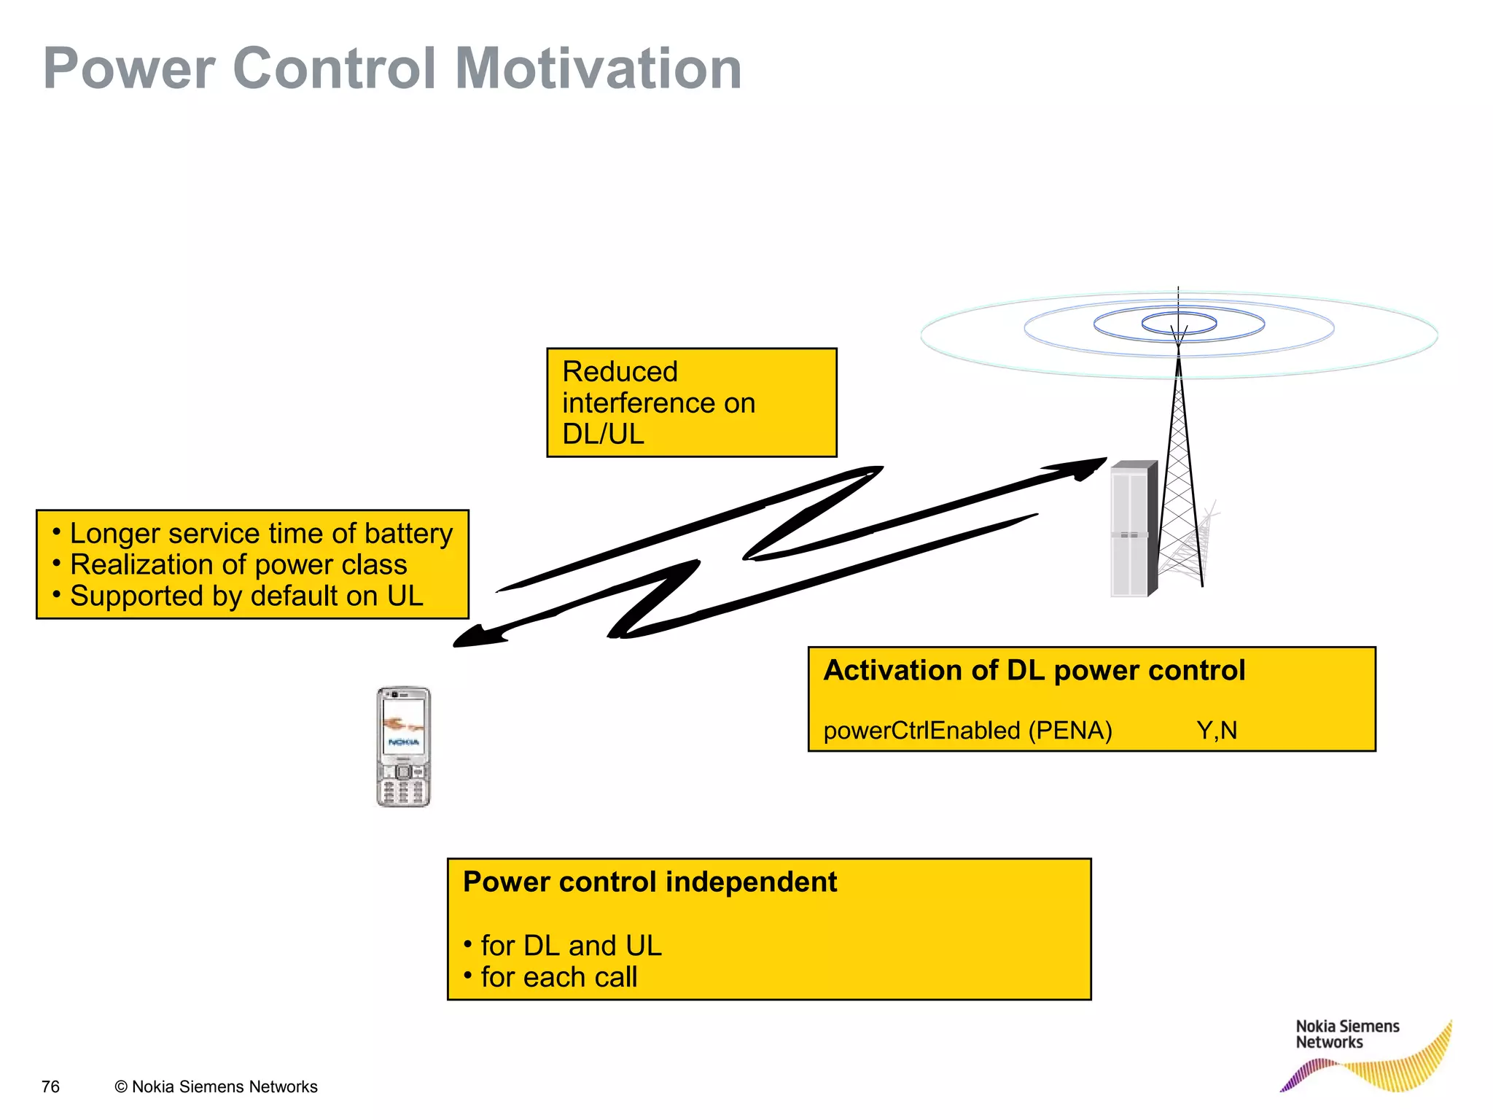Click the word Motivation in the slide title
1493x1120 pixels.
598,69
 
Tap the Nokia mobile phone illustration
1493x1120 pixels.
403,747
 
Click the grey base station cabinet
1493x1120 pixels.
1132,529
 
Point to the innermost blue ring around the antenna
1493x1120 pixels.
1178,323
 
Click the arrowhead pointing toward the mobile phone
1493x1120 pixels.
477,637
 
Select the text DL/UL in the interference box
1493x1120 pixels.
603,434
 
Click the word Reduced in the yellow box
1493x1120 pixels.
620,372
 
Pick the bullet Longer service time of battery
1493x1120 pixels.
260,533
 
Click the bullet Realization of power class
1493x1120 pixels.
238,564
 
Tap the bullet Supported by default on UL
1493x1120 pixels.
246,596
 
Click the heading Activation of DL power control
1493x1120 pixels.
1034,670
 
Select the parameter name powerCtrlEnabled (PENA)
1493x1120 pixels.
967,730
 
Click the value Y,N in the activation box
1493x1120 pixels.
1217,730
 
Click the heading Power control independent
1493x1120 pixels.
650,882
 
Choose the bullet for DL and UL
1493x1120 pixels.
570,945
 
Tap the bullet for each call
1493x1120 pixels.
558,977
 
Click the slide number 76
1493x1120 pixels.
50,1086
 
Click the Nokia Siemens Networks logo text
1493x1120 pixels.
1346,1034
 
